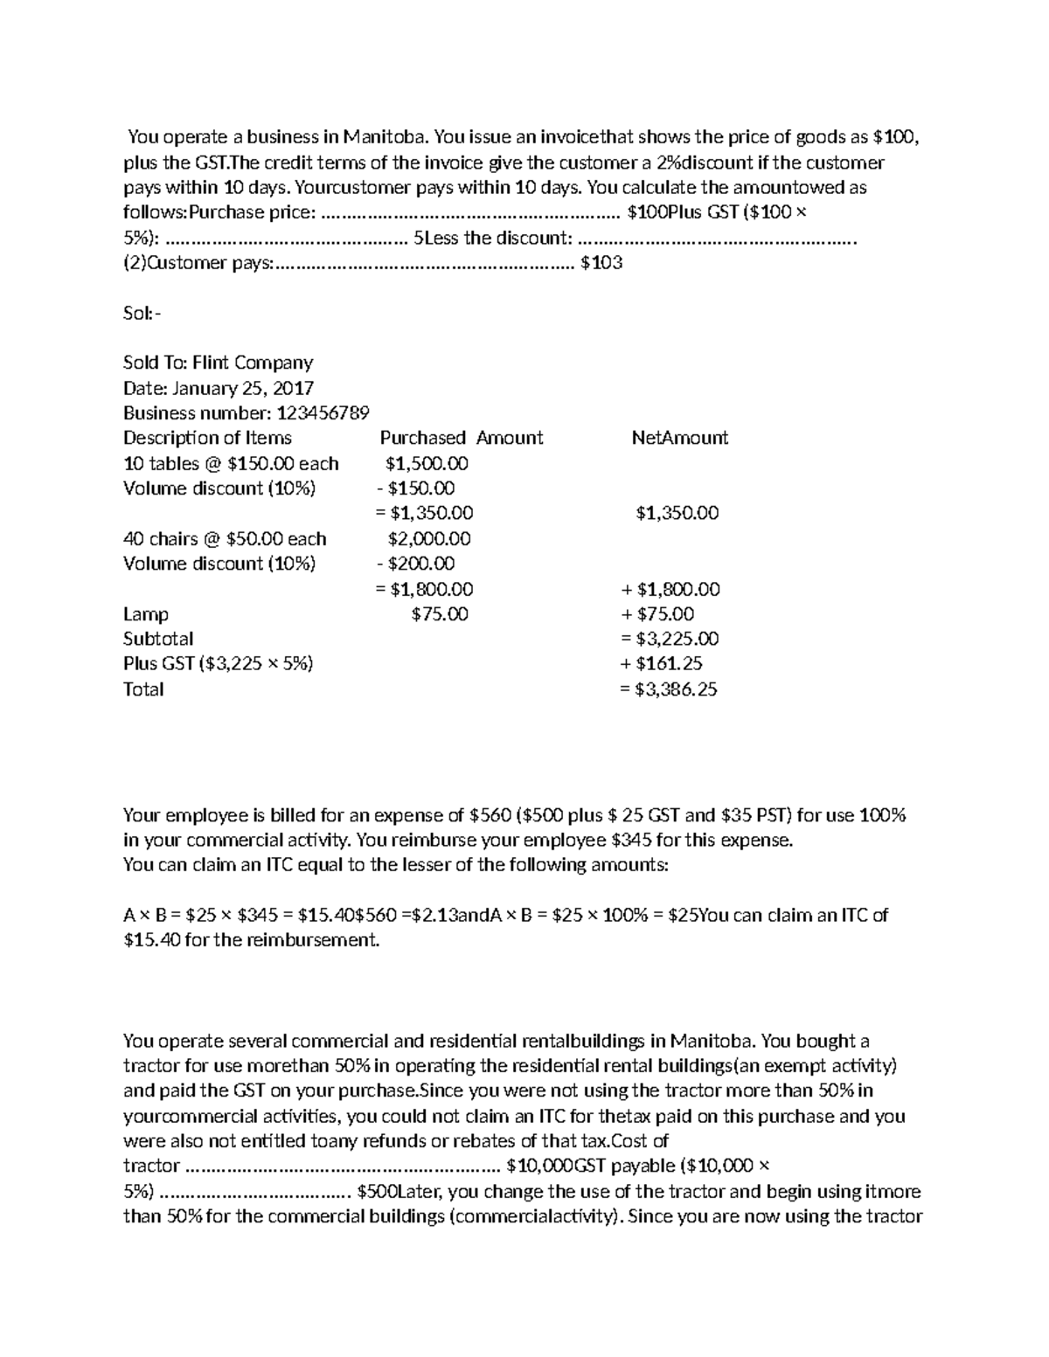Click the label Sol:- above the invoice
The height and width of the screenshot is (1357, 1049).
click(142, 313)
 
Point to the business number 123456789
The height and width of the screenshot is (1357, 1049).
click(323, 413)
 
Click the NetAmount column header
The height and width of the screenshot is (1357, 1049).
click(679, 438)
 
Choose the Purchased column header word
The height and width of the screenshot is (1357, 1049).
click(422, 438)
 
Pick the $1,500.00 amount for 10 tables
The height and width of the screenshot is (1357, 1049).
click(427, 463)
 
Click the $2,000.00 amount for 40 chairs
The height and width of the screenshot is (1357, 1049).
click(428, 539)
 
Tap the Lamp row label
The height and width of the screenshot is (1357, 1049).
click(146, 614)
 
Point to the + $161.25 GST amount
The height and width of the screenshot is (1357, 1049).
click(662, 664)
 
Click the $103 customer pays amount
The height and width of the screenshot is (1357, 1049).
click(601, 263)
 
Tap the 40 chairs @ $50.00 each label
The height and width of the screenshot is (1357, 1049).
click(225, 539)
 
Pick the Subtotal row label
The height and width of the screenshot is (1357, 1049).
click(158, 639)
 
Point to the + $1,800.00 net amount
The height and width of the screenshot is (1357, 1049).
click(670, 589)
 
